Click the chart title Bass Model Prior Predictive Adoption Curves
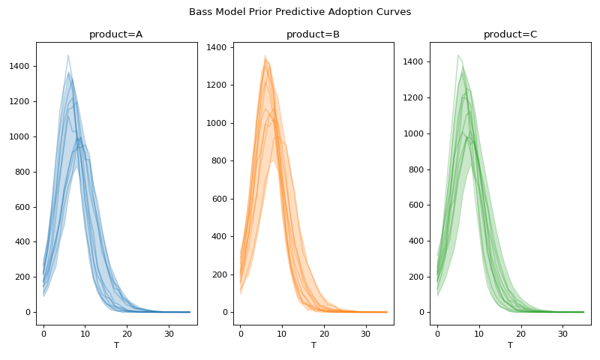pos(300,12)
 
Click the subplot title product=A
pos(116,34)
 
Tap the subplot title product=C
pos(510,34)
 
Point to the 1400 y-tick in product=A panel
pos(20,67)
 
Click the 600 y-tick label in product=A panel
pos(22,207)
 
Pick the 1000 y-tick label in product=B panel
pos(217,123)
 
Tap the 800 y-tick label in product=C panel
pos(416,169)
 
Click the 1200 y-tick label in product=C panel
pos(414,97)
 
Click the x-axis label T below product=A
pos(116,346)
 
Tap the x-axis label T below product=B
pos(313,346)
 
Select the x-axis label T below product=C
pos(510,346)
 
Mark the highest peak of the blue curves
pos(68,55)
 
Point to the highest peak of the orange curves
pos(265,55)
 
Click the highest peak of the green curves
pos(458,55)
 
